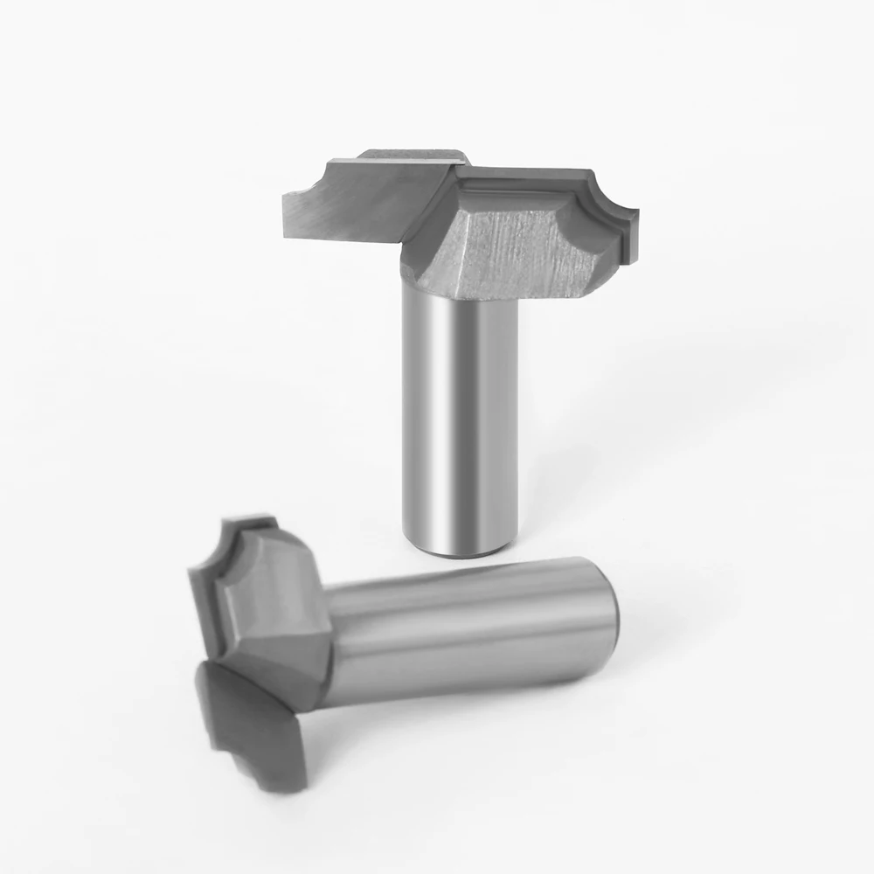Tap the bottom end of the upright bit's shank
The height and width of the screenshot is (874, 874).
[x=463, y=549]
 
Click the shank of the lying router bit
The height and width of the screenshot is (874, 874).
[x=472, y=629]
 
